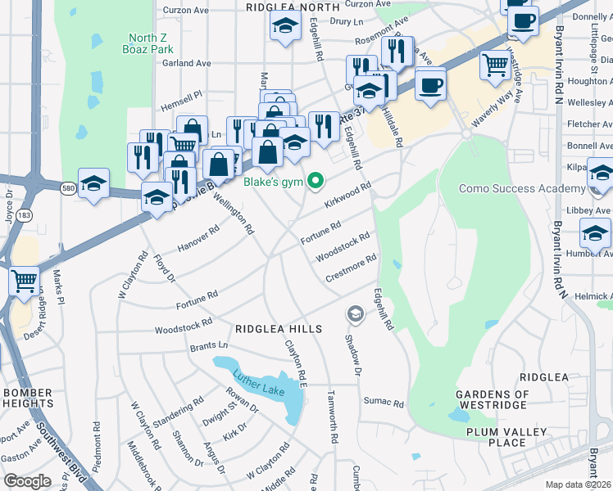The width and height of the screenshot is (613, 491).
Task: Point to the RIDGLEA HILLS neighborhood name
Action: (x=279, y=328)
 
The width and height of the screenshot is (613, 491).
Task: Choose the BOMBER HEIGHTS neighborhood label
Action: (x=28, y=398)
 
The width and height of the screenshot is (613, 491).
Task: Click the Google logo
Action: (x=27, y=481)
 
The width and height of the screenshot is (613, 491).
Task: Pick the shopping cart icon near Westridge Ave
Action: (x=495, y=64)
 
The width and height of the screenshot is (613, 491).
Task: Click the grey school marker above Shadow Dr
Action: (x=355, y=313)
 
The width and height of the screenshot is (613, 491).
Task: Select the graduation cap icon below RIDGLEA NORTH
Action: (x=284, y=29)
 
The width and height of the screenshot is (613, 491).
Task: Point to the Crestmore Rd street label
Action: (x=351, y=268)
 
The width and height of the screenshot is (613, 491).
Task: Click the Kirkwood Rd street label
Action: (x=348, y=195)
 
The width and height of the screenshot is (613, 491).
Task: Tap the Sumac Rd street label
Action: (x=384, y=403)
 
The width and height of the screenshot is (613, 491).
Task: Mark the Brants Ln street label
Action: (x=208, y=346)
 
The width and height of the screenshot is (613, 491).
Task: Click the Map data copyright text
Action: (x=579, y=484)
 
